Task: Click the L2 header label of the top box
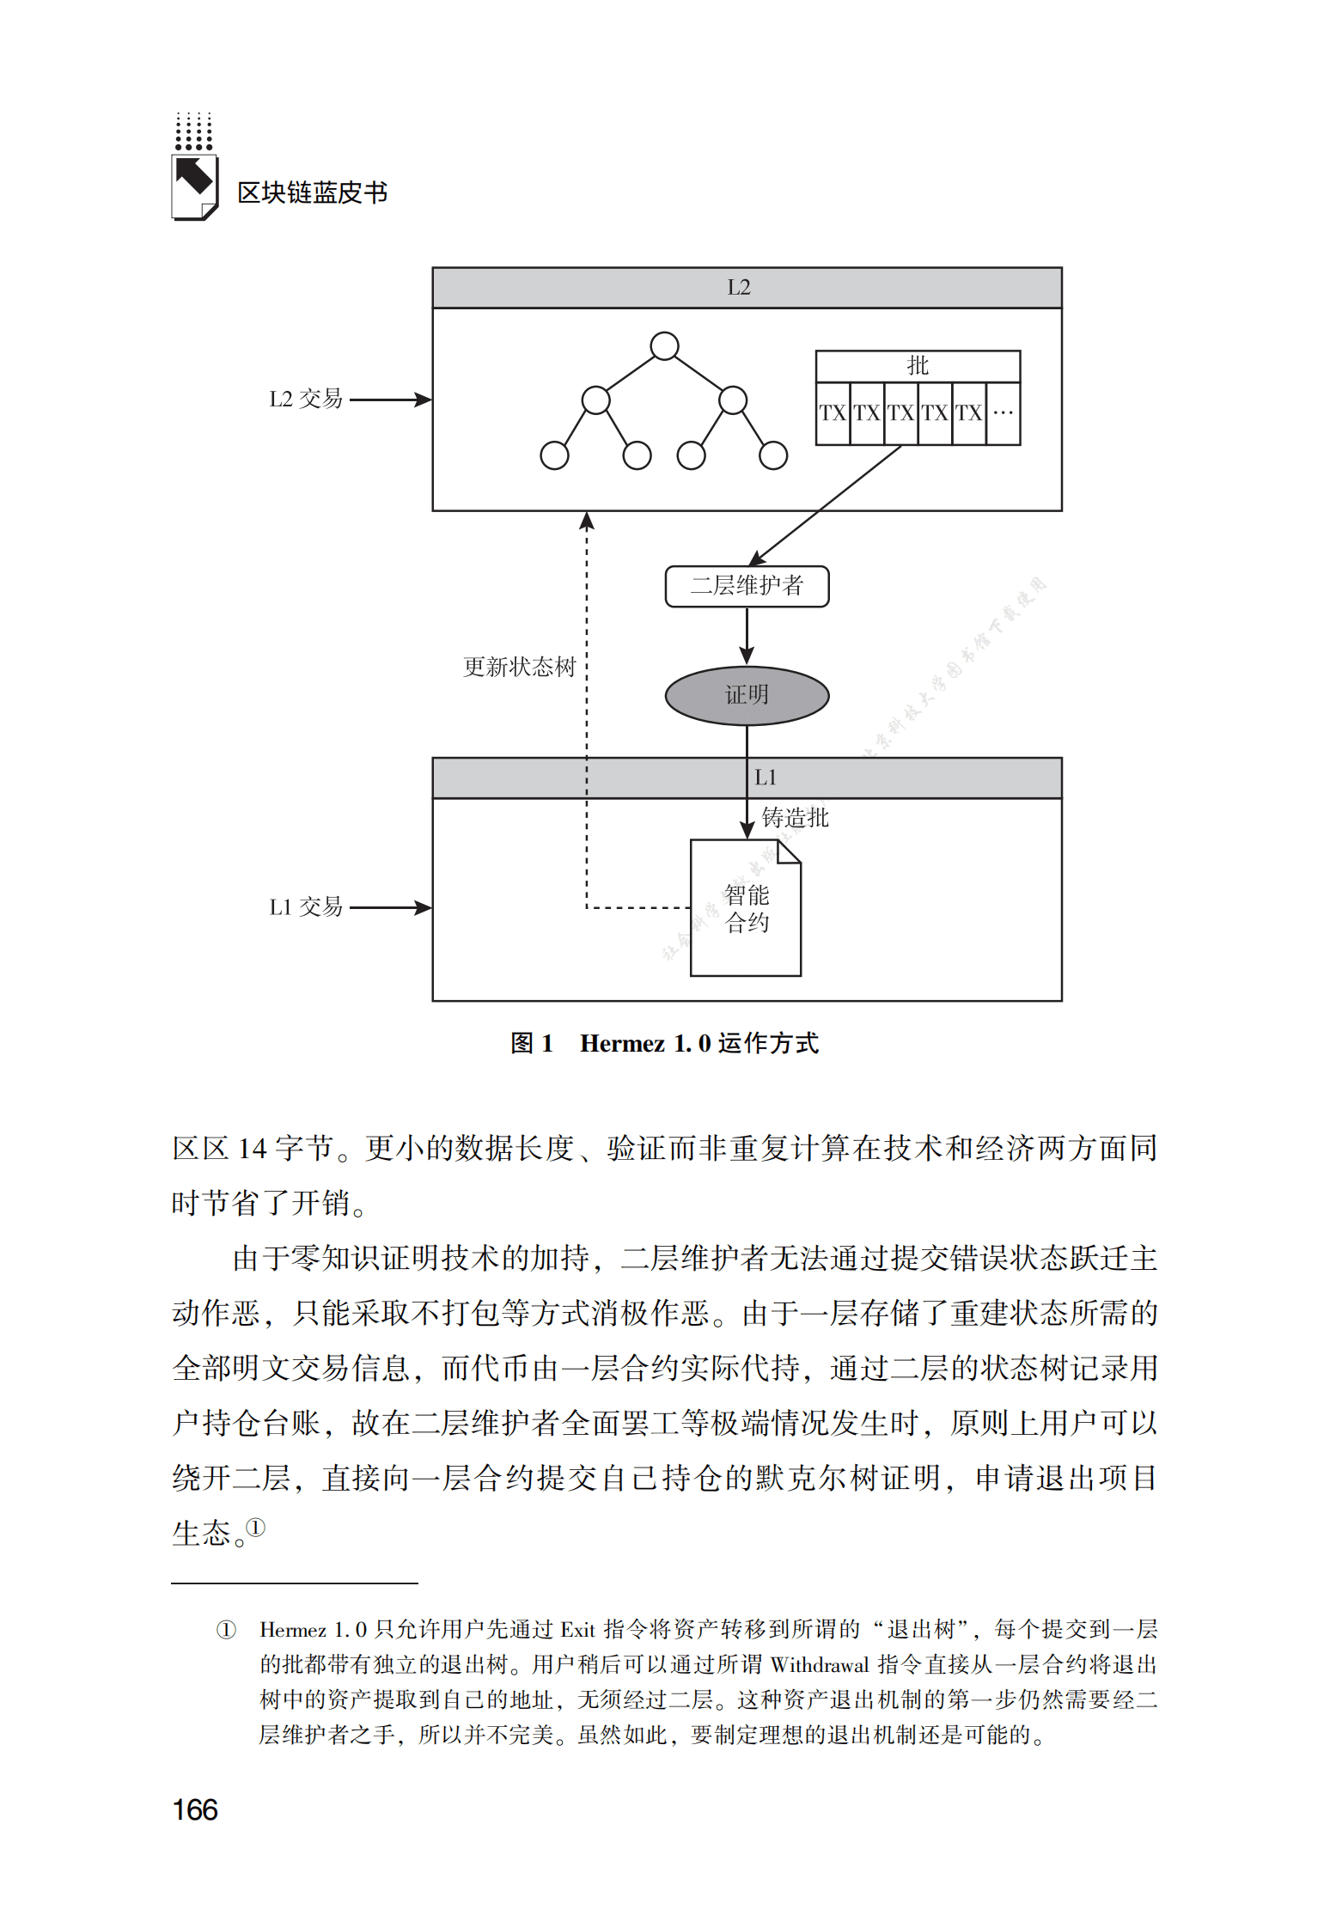pos(738,288)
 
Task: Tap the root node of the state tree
pos(664,346)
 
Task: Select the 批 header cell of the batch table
pos(918,366)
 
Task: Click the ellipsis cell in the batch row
pos(1003,413)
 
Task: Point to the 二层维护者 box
pos(747,586)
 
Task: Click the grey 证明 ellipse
pos(747,695)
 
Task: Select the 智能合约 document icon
pos(746,908)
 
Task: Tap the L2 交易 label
pos(305,400)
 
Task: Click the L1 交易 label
pos(305,907)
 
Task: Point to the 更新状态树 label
pos(519,667)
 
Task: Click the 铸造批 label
pos(795,818)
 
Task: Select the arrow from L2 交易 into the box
pos(390,400)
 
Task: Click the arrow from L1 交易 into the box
pos(390,907)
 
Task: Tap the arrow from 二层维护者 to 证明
pos(747,636)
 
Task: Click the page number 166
pos(195,1809)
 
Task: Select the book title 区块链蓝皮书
pos(312,192)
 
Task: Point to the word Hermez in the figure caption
pos(622,1043)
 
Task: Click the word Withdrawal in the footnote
pos(820,1665)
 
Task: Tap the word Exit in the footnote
pos(577,1630)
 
